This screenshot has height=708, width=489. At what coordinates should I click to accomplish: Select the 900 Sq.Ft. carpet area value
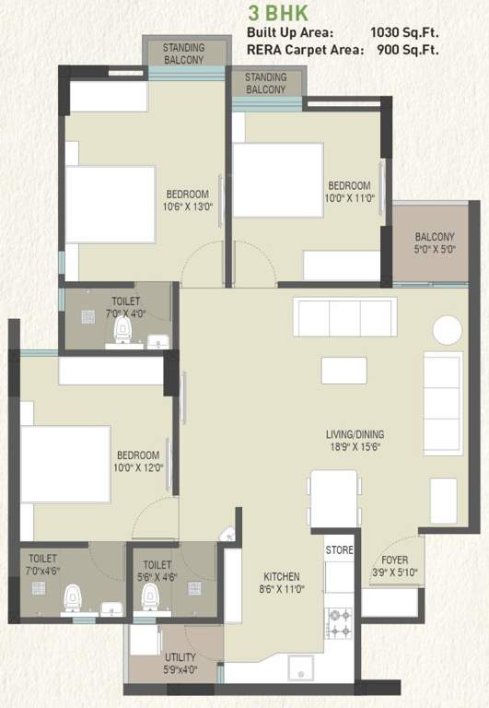(407, 51)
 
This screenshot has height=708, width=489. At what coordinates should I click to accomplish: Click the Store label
(339, 550)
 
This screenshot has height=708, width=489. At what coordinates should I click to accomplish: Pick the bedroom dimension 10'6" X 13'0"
(189, 207)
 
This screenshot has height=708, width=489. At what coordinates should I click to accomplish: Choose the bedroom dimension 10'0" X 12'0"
(138, 467)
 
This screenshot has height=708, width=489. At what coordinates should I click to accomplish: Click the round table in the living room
(448, 329)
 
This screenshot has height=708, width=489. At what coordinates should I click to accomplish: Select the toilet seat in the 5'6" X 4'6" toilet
(148, 599)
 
